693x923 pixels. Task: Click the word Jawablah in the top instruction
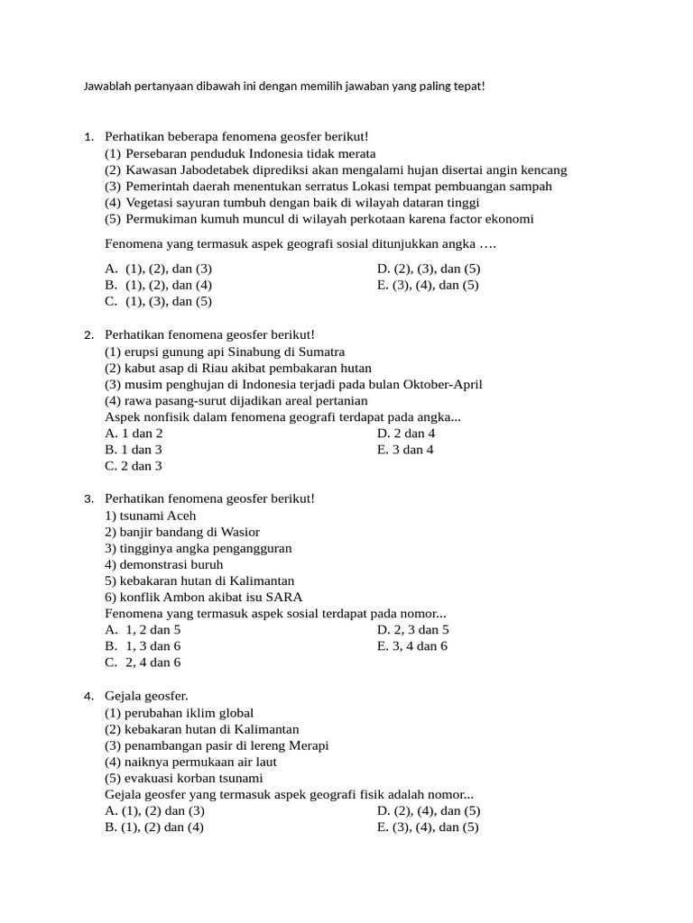105,87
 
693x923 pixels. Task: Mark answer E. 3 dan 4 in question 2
405,449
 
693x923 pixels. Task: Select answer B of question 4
154,827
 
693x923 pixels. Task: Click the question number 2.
88,335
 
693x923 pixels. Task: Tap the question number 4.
88,697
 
